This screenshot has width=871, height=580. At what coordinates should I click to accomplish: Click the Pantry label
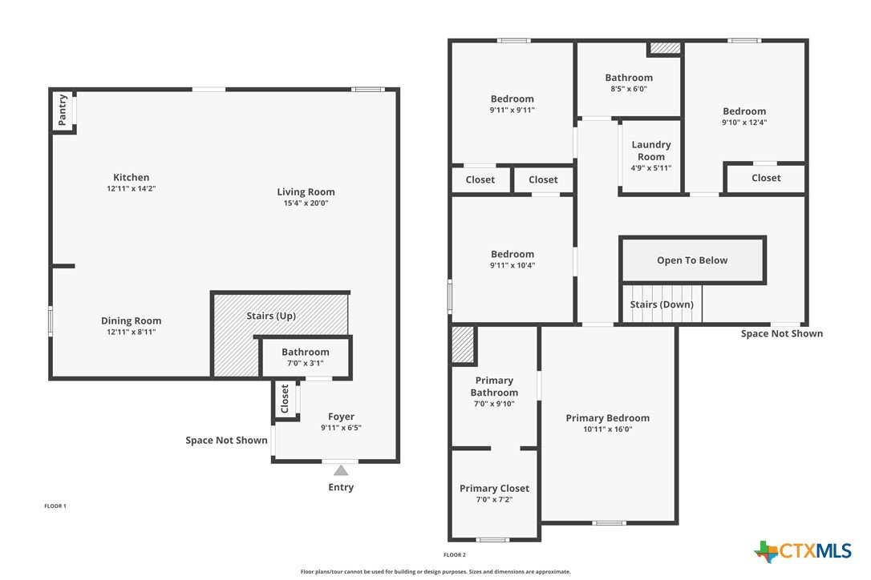coord(63,110)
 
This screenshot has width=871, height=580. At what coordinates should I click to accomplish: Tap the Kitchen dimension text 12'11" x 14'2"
coord(131,189)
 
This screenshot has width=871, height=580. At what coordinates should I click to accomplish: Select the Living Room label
coord(306,192)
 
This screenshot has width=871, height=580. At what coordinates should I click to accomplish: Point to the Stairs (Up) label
coord(271,316)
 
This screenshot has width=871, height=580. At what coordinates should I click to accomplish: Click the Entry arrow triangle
coord(341,471)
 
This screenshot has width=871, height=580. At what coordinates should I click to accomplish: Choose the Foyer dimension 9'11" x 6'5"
coord(341,428)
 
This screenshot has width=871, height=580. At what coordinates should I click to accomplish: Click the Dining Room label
coord(131,320)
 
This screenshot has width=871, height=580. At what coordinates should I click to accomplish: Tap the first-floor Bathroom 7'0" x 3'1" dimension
coord(306,364)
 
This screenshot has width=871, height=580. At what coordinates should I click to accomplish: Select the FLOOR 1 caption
coord(55,506)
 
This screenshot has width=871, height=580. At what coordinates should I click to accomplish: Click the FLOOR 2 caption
coord(455,555)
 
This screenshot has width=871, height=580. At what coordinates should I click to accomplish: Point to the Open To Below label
coord(692,260)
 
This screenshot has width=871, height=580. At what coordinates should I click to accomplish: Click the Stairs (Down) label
coord(662,304)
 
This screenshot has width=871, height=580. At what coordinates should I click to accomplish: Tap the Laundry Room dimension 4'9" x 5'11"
coord(651,168)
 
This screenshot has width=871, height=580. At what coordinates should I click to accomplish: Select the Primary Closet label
coord(494,489)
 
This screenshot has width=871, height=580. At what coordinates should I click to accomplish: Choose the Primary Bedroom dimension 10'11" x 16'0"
coord(608,429)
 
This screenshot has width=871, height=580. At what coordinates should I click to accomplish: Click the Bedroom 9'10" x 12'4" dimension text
coord(744,123)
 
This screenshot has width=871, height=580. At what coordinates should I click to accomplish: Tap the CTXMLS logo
coord(803,551)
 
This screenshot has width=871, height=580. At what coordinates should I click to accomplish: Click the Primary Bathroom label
coord(494,386)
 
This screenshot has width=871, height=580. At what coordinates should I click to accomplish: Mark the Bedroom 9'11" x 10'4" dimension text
coord(512,265)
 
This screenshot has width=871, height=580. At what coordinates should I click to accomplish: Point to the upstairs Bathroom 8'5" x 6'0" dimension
coord(629,89)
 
